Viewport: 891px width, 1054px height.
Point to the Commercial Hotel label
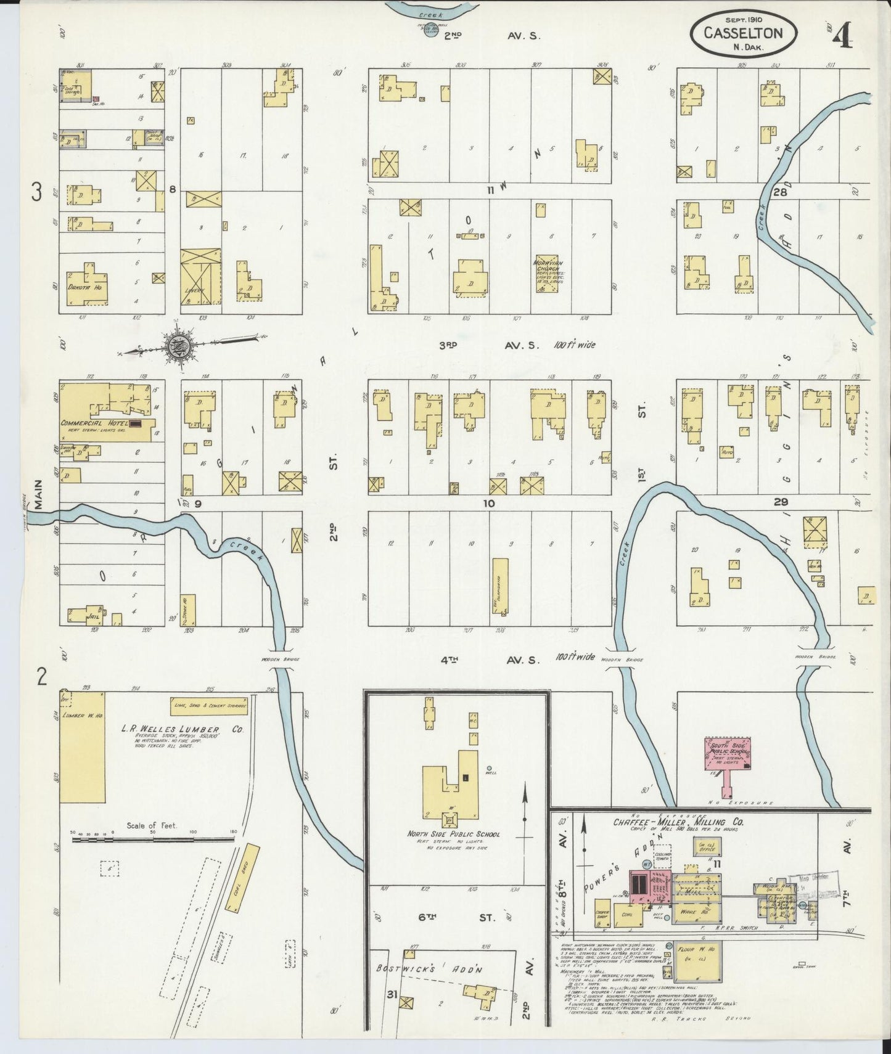94,423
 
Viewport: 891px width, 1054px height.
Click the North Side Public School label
453,834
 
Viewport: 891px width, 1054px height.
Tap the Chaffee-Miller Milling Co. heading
678,822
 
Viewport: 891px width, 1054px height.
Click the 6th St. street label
456,918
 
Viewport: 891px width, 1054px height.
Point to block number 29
782,503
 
